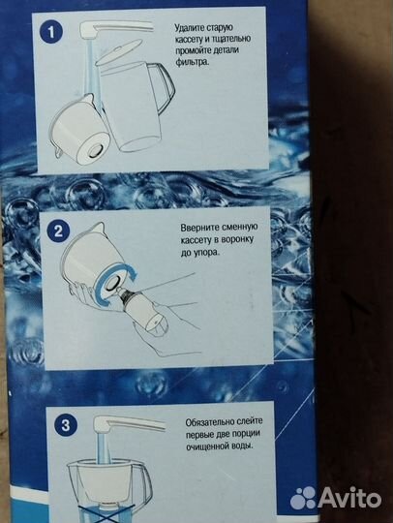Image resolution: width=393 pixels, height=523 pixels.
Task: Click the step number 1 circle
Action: [51, 32]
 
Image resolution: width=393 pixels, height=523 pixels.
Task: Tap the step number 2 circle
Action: [58, 231]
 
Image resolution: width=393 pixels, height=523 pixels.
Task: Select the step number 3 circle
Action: [66, 425]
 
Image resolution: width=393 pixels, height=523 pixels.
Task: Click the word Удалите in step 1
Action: [189, 27]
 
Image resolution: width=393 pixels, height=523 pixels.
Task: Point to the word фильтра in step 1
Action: [192, 62]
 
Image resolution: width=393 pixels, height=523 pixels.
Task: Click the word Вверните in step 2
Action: [197, 229]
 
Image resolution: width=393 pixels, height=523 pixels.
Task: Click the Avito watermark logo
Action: [335, 499]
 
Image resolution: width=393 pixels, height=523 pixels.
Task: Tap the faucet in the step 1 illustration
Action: [114, 28]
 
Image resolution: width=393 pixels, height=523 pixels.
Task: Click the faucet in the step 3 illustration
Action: [128, 422]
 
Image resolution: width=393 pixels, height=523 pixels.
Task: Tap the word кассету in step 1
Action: [189, 40]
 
